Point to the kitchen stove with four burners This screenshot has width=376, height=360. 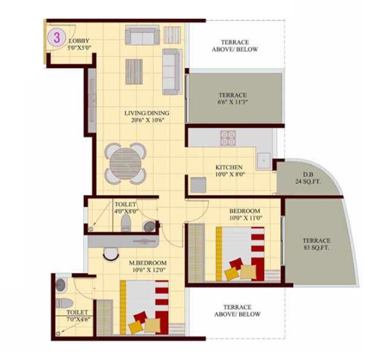coord(228,137)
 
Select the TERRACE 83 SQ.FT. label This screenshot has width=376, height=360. coord(316,244)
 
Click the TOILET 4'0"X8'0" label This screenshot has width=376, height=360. coord(126,207)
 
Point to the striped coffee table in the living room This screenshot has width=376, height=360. coord(134,71)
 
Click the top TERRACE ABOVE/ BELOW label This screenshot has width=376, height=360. coord(235,46)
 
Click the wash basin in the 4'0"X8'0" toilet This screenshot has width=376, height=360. coord(149,226)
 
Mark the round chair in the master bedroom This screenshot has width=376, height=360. coord(110,253)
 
